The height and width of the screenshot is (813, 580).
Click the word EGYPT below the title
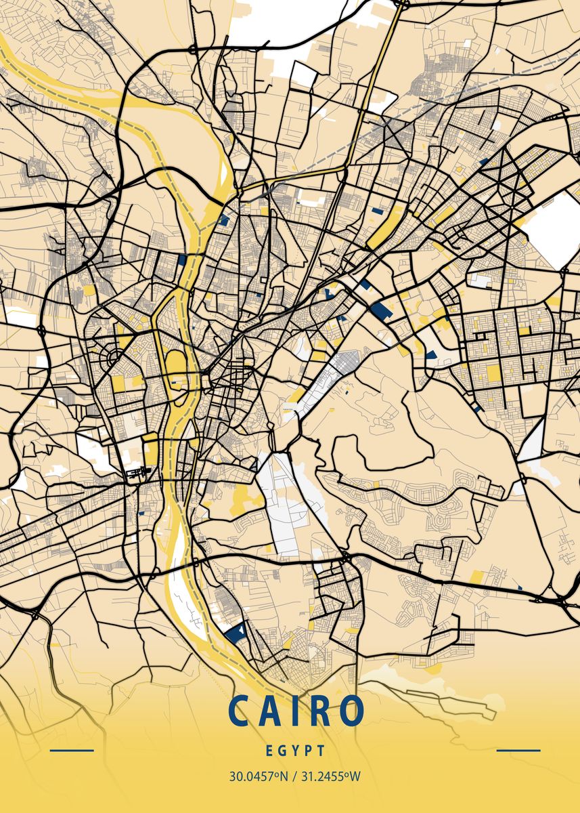295,751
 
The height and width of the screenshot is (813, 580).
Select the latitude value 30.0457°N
256,776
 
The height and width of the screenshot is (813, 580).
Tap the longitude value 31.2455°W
331,776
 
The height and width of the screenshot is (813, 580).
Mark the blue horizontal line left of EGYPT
72,751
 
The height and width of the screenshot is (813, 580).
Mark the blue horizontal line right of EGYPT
518,751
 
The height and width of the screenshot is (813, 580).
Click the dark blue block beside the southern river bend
236,634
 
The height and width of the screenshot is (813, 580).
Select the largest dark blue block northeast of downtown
380,311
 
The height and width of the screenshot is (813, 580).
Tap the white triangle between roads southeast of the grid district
533,440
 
